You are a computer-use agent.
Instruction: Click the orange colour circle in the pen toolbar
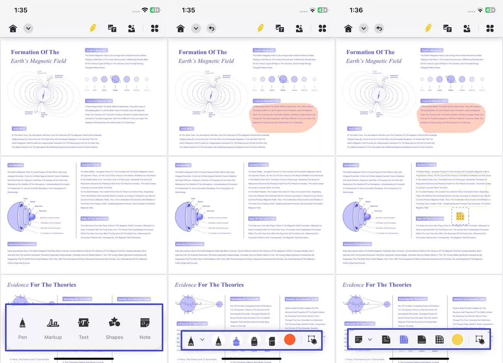(x=289, y=340)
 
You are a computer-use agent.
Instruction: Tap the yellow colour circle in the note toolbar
(x=457, y=340)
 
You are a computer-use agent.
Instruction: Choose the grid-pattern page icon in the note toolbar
(x=440, y=340)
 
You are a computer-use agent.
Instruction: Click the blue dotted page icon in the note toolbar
(x=404, y=340)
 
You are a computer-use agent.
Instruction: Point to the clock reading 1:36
(x=356, y=10)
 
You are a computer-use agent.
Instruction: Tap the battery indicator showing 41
(x=155, y=10)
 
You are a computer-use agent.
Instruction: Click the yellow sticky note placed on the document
(x=460, y=216)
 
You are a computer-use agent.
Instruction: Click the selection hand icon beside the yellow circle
(x=480, y=340)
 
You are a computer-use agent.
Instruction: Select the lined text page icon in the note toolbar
(x=386, y=340)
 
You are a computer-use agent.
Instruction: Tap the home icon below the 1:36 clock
(x=348, y=28)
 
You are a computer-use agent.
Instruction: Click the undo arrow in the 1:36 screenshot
(x=379, y=28)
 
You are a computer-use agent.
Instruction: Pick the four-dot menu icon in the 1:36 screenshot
(x=490, y=28)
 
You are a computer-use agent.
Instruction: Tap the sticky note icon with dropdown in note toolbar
(x=359, y=340)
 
